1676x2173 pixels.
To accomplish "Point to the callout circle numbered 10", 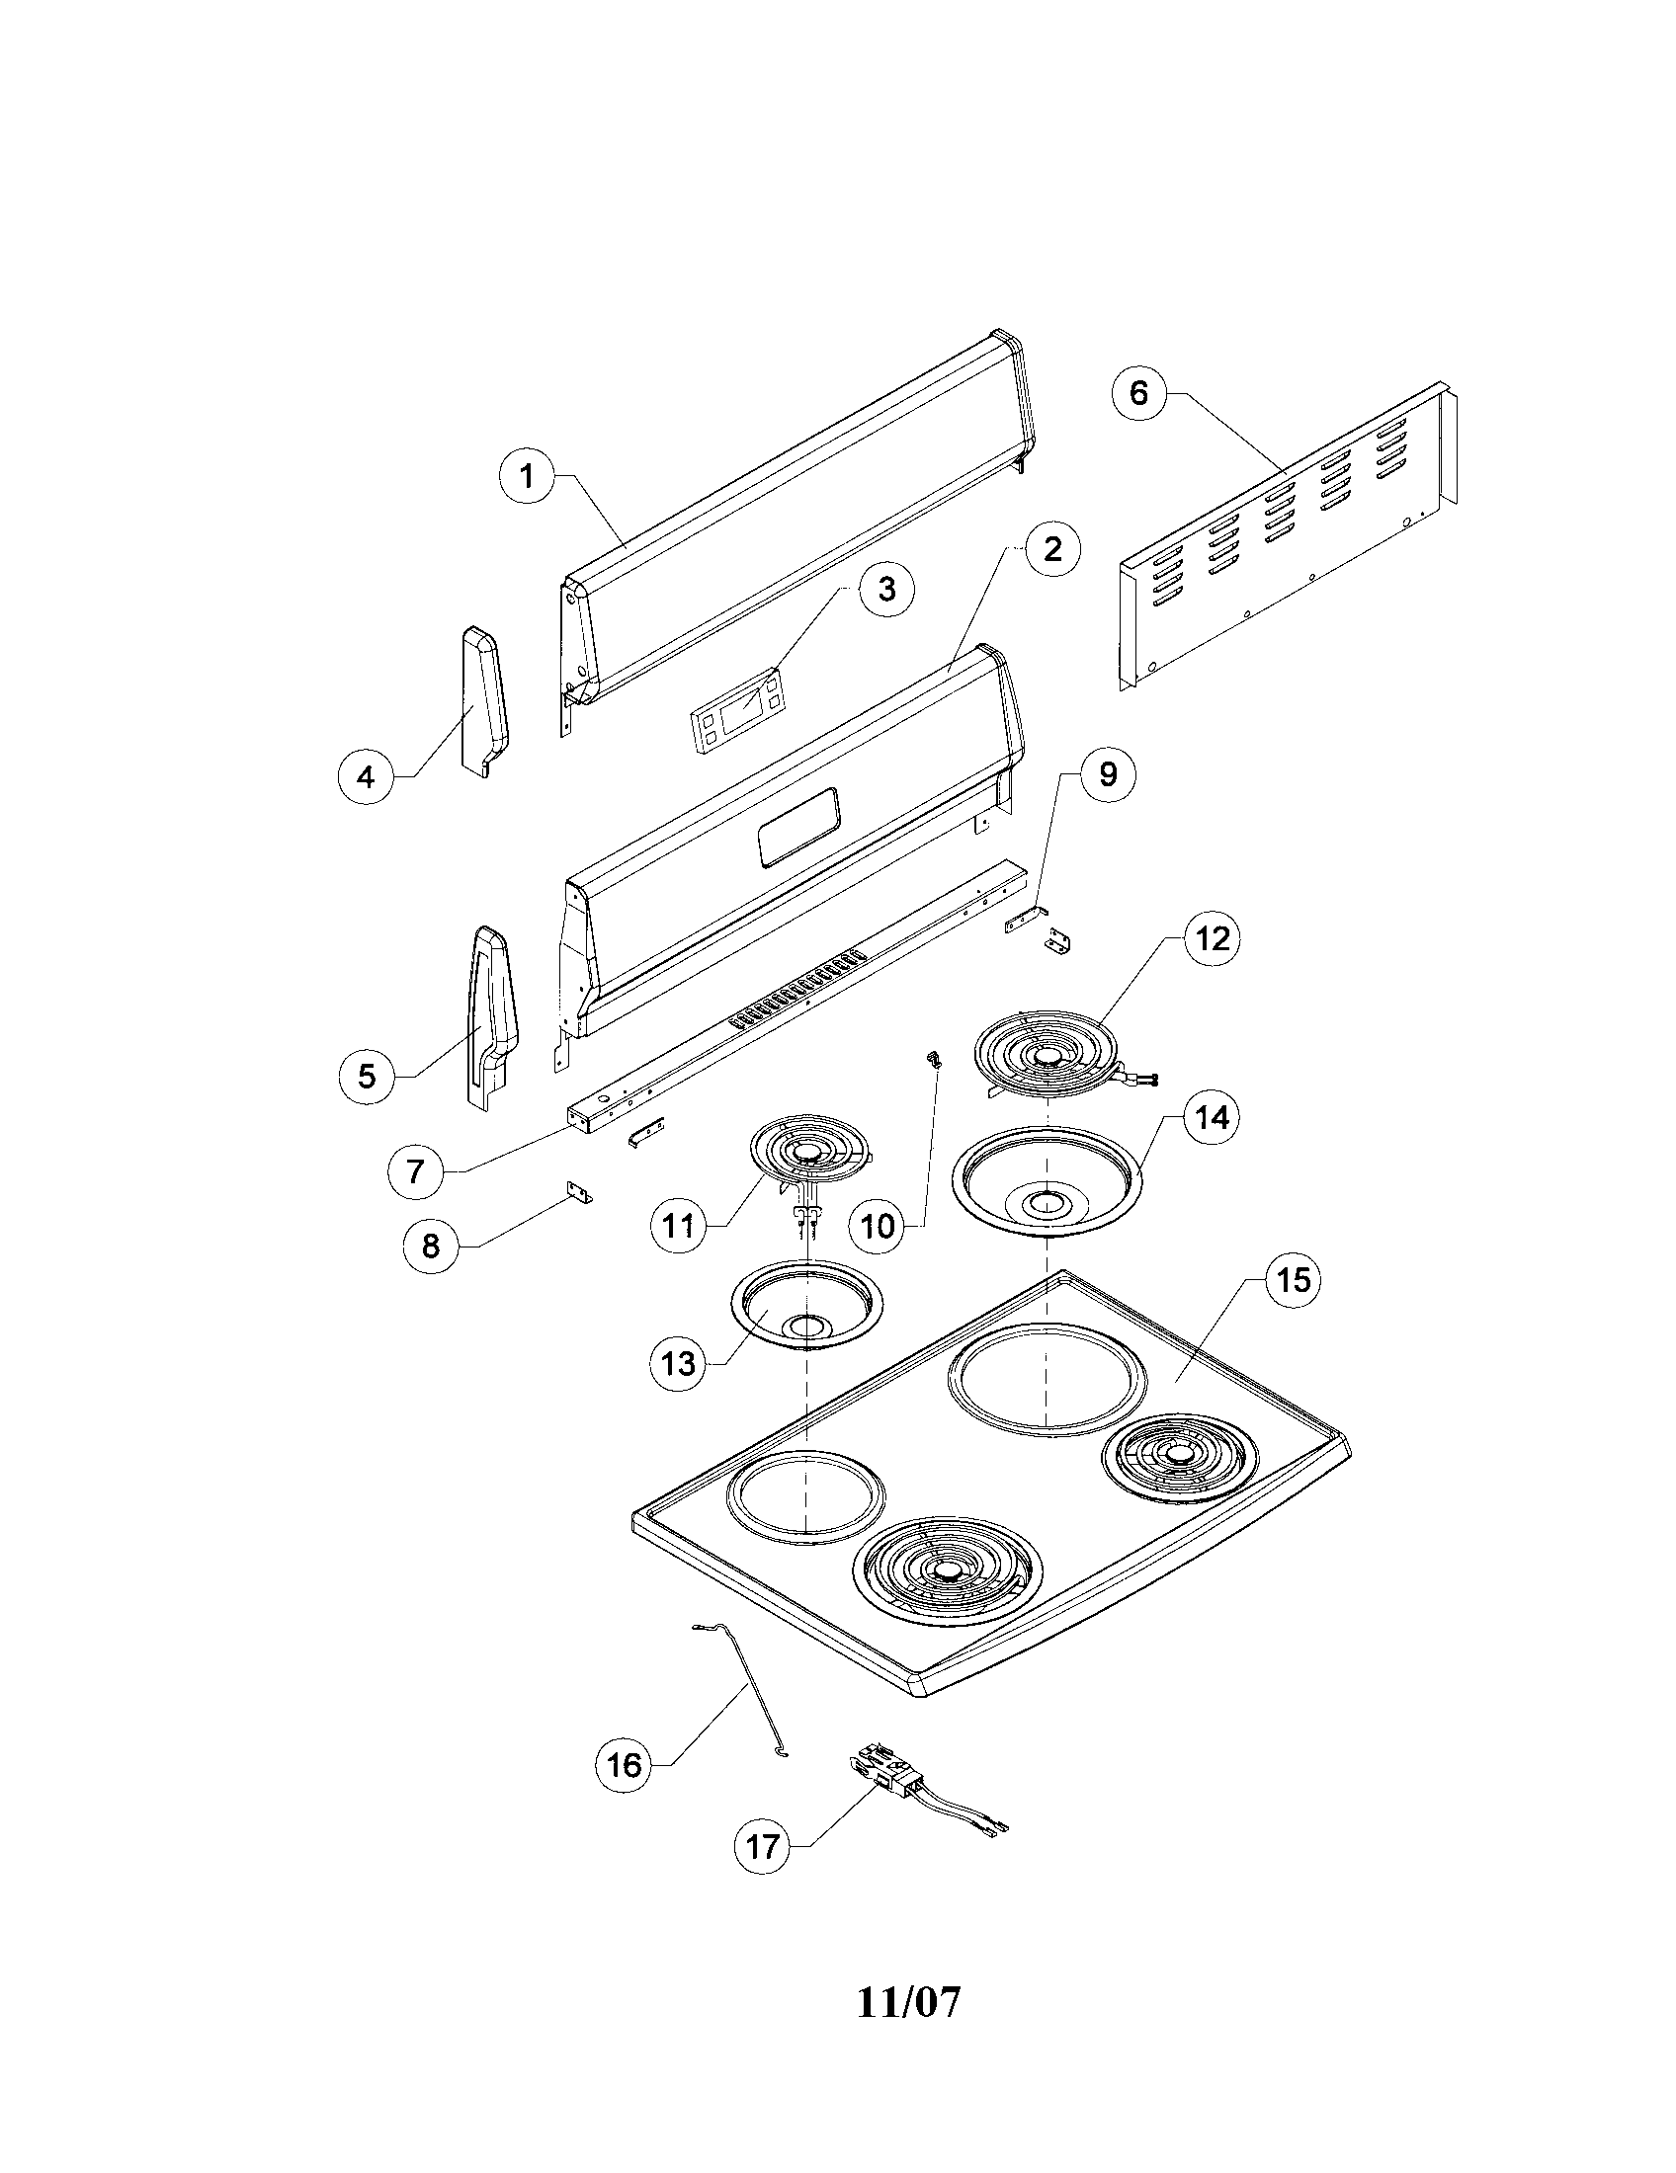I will click(877, 1226).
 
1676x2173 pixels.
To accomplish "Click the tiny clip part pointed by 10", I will click(934, 1059).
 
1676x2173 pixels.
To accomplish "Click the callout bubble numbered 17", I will click(762, 1848).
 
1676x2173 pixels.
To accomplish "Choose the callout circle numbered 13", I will click(679, 1363).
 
